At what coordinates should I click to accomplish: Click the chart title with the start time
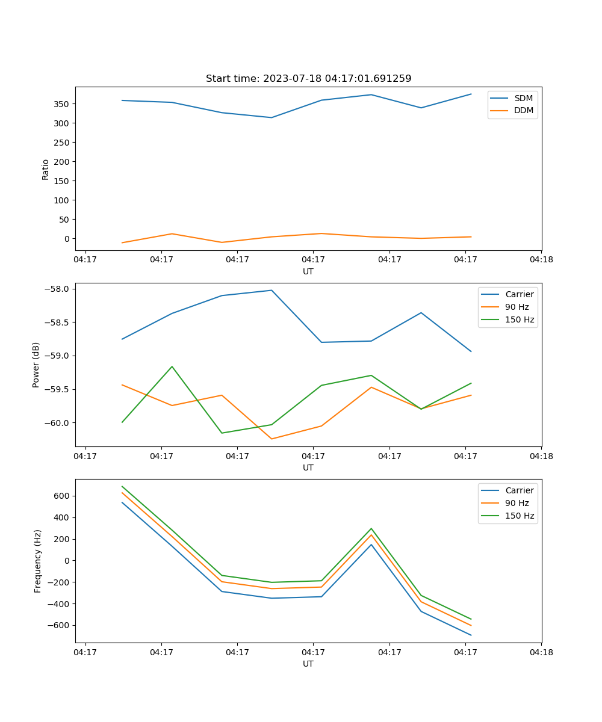308,79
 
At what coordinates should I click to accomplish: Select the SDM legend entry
523,98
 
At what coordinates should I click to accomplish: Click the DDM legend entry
523,111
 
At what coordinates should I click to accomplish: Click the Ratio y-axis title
46,169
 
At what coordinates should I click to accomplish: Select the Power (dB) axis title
36,365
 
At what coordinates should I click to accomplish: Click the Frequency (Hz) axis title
38,561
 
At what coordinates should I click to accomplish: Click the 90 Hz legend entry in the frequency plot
517,503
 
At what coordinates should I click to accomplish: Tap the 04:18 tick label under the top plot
541,260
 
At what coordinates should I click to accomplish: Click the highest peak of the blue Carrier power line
272,291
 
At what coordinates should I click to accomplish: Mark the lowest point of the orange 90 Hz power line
272,439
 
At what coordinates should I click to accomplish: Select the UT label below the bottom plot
308,664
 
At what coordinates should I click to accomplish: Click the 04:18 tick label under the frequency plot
541,652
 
